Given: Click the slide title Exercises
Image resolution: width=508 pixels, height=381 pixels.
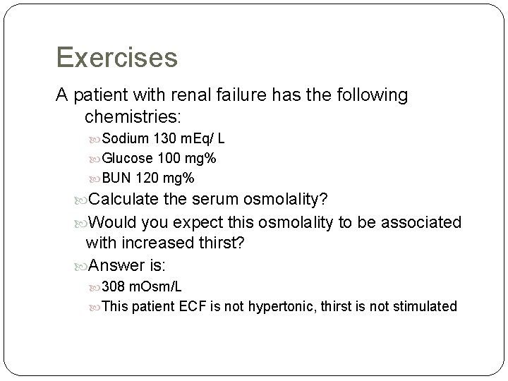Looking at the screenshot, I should pyautogui.click(x=116, y=57).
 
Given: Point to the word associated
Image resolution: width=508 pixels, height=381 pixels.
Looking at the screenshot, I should pyautogui.click(x=421, y=223).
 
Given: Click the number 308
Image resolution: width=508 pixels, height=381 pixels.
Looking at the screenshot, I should pyautogui.click(x=115, y=286).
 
